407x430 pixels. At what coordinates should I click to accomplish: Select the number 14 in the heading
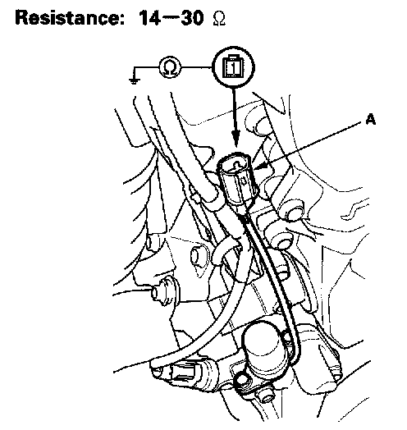pyautogui.click(x=149, y=18)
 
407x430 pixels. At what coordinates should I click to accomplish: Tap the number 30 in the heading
pyautogui.click(x=192, y=18)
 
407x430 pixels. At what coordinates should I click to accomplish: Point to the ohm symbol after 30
pyautogui.click(x=219, y=19)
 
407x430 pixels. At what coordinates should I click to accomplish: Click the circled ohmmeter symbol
pyautogui.click(x=170, y=67)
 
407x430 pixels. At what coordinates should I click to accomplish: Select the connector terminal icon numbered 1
pyautogui.click(x=233, y=67)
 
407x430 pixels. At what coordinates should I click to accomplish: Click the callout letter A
pyautogui.click(x=371, y=120)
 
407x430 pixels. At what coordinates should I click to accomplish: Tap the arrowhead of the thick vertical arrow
pyautogui.click(x=236, y=139)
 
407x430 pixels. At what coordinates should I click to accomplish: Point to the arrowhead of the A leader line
pyautogui.click(x=259, y=166)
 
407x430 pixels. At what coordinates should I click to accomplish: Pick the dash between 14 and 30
pyautogui.click(x=171, y=18)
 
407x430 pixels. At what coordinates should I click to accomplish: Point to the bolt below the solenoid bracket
pyautogui.click(x=264, y=396)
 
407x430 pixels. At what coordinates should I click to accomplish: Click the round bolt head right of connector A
pyautogui.click(x=292, y=210)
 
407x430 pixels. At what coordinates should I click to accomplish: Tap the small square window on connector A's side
pyautogui.click(x=244, y=181)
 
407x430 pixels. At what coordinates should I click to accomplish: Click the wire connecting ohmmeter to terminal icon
pyautogui.click(x=197, y=67)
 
